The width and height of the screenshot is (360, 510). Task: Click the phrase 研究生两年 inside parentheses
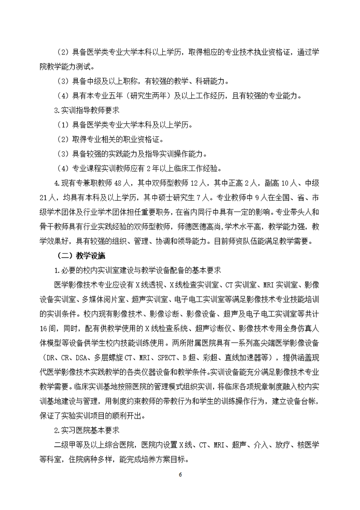141,95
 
